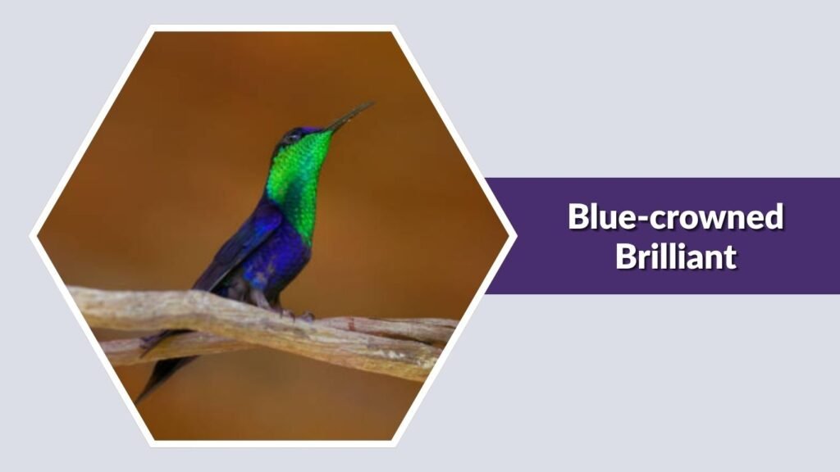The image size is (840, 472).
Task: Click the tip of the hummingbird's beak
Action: coord(373,103)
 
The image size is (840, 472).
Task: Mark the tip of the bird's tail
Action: coord(140,399)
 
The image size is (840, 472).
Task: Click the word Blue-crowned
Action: coord(675,217)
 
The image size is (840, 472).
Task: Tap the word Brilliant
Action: coord(675,256)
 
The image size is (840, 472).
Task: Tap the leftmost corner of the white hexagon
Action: coord(31,236)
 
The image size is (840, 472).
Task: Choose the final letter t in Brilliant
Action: coord(729,258)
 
